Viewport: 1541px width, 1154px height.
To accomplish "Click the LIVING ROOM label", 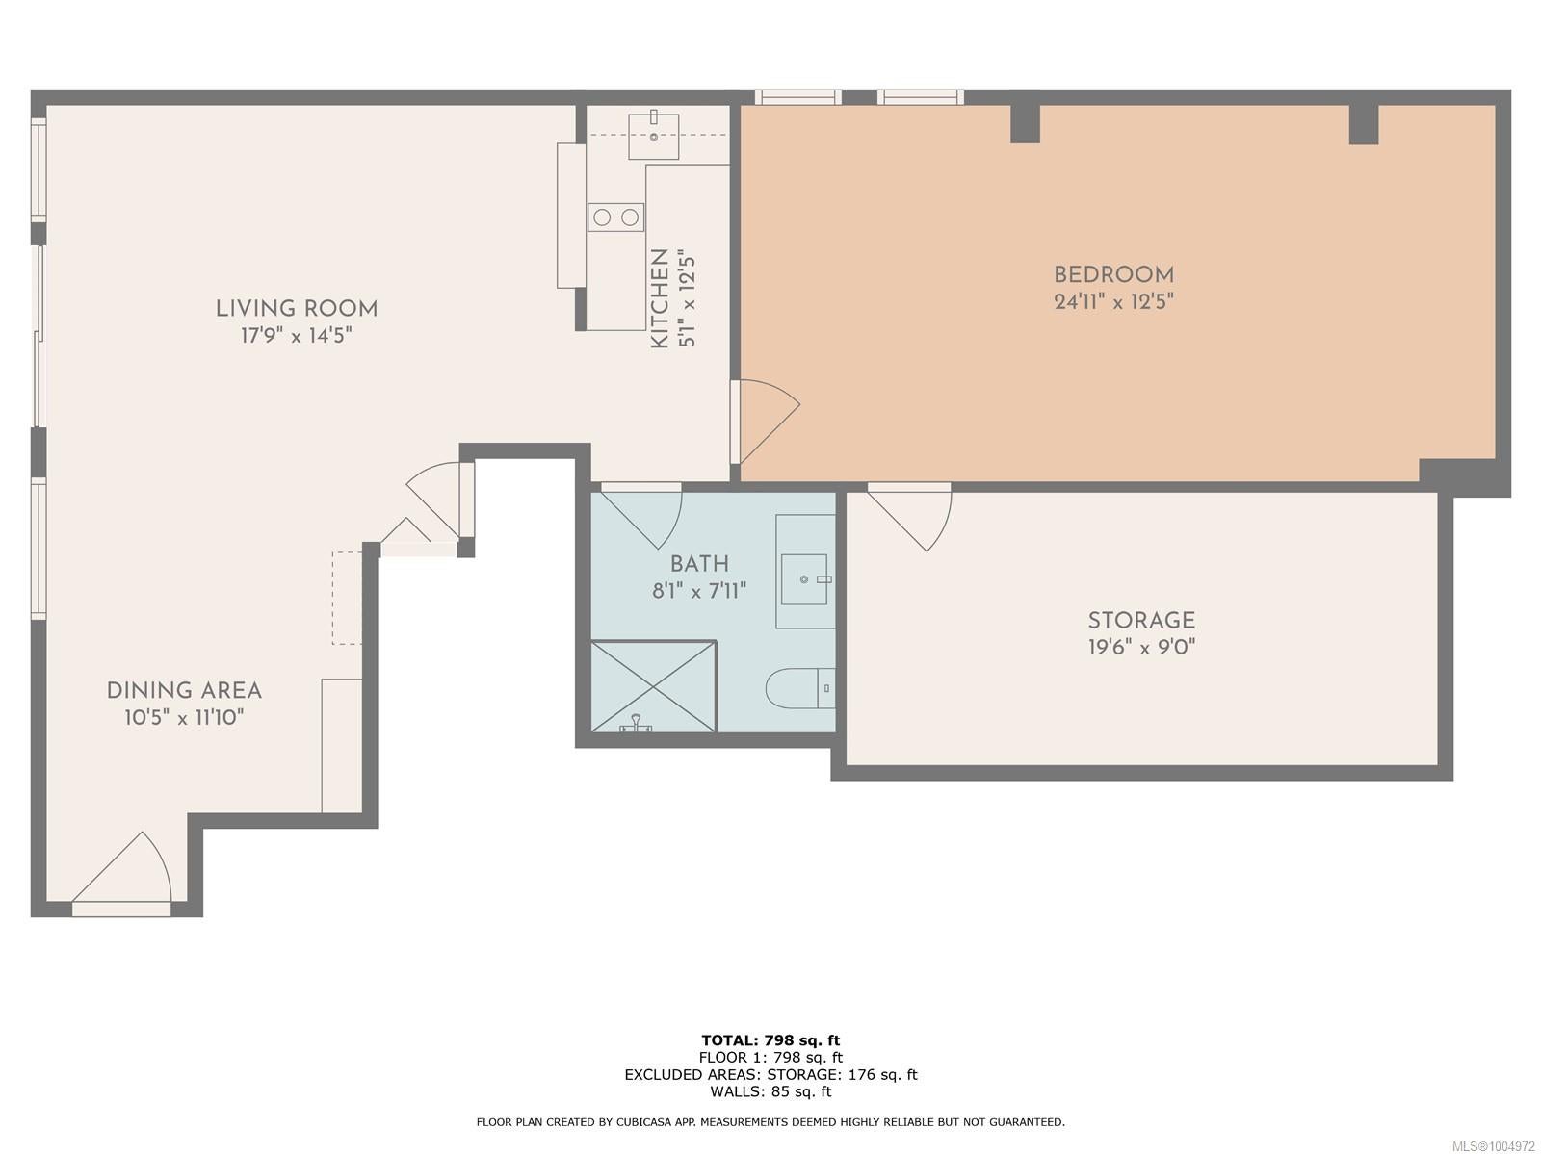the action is pos(297,309).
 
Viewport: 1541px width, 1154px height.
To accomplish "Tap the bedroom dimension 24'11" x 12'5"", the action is pos(1113,301).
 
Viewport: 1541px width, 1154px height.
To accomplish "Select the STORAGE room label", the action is pos(1141,620).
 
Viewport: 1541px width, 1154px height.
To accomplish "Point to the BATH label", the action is pos(699,564).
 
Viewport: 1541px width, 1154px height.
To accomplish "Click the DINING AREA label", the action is pos(184,691).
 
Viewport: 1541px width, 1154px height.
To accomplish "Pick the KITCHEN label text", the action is pos(659,298).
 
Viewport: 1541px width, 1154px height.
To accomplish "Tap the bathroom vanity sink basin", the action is pos(804,579).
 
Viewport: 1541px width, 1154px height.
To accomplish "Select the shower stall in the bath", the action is pos(654,686).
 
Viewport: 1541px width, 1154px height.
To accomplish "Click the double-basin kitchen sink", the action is pos(615,218).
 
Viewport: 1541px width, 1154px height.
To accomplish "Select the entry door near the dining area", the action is pos(121,873).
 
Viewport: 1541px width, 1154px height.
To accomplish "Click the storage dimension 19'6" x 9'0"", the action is pos(1141,647).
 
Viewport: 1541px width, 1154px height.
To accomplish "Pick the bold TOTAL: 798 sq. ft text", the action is pos(770,1039).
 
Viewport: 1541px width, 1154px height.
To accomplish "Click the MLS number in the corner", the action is pos(1493,1146).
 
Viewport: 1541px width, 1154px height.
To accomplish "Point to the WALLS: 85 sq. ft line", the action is pos(770,1091).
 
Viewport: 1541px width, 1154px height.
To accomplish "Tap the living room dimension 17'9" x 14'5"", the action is pos(297,335).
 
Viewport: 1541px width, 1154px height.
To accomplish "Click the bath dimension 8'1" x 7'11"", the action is pos(699,591).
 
